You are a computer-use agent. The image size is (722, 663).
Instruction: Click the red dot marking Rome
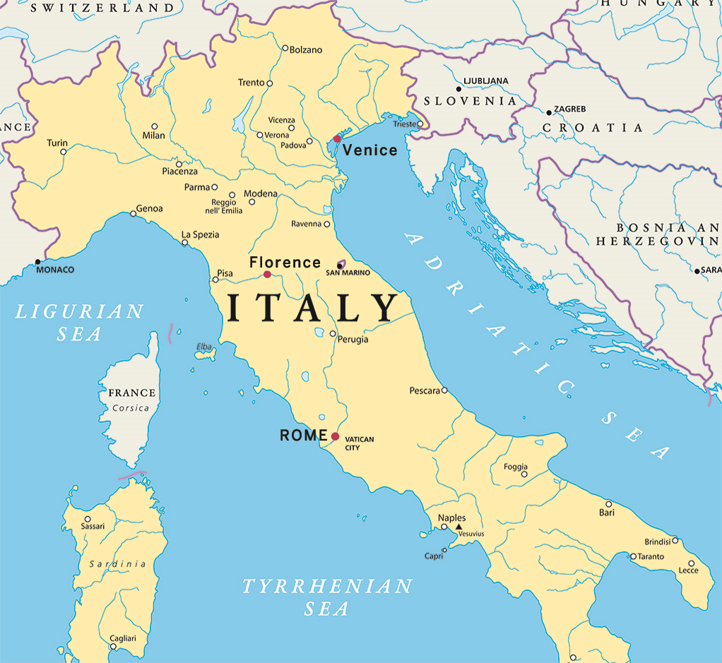coord(335,436)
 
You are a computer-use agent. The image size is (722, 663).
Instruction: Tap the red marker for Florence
coord(267,275)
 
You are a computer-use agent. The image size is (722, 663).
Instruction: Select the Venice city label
coord(370,150)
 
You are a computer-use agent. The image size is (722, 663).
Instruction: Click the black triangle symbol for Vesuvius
coord(458,527)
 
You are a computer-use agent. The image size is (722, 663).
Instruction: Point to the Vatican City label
coord(359,443)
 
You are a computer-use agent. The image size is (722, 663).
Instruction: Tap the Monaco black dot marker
coord(37,262)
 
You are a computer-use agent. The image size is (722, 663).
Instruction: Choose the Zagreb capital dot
coord(549,112)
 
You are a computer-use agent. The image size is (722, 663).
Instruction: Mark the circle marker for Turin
coord(64,152)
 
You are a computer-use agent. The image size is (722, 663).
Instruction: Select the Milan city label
coord(153,136)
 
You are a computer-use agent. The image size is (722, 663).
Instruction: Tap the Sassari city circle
coord(88,519)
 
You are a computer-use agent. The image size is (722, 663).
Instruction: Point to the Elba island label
coord(203,347)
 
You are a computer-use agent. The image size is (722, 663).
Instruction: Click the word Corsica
coord(131,408)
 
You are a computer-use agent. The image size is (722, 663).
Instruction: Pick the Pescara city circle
coord(444,390)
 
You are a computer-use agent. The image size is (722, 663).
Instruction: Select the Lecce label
coord(688,571)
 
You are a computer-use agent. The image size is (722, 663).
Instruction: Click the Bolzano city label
coord(306,50)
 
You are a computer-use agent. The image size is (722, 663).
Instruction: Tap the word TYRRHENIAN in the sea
coord(327,586)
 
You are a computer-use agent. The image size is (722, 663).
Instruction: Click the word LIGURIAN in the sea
coord(79,311)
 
